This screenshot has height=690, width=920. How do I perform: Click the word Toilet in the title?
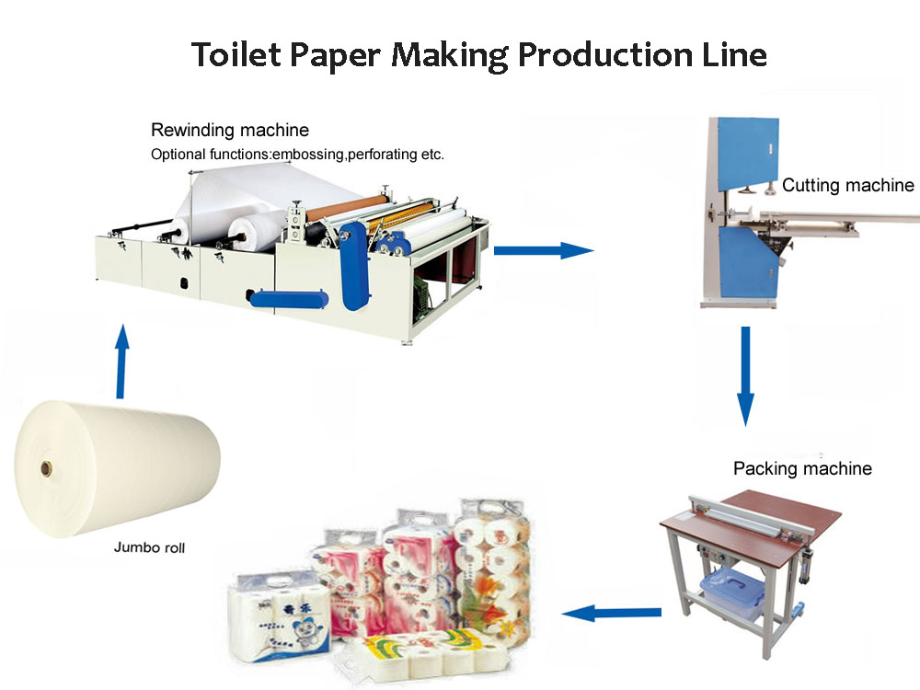tap(239, 54)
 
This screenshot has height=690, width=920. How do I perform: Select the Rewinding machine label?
tap(230, 130)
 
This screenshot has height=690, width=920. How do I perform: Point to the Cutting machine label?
tap(847, 186)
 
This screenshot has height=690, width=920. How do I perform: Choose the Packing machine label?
tap(802, 469)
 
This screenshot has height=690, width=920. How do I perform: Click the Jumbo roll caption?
tap(149, 547)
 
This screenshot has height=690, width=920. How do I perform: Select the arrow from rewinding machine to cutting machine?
tap(543, 249)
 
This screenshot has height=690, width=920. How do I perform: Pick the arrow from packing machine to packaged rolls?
tap(612, 612)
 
